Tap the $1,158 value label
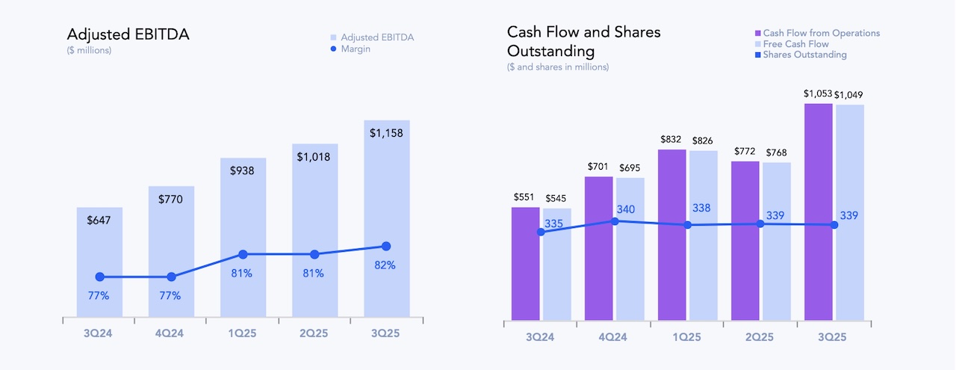[x=387, y=133]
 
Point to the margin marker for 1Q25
[x=243, y=255]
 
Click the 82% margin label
[x=385, y=265]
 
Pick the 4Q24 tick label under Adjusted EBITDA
[x=170, y=333]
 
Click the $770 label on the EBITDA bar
[x=171, y=199]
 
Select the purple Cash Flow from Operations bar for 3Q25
[x=819, y=213]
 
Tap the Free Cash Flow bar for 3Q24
[x=556, y=265]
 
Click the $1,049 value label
[x=850, y=94]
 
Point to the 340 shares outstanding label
[x=626, y=209]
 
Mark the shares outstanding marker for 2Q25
[x=760, y=223]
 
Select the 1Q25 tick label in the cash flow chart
[x=687, y=337]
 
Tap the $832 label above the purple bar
[x=672, y=140]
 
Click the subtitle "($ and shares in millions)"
[x=557, y=67]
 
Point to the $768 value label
[x=776, y=153]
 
